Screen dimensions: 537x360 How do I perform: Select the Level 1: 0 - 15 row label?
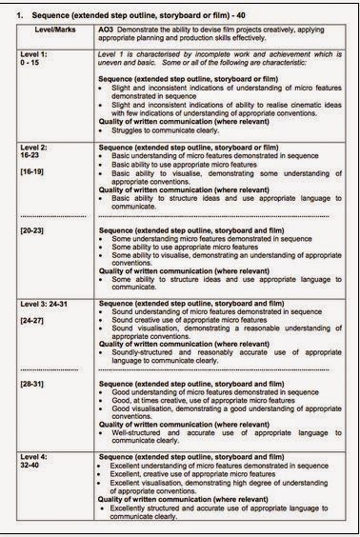41,62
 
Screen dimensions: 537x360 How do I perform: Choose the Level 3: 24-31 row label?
50,303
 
